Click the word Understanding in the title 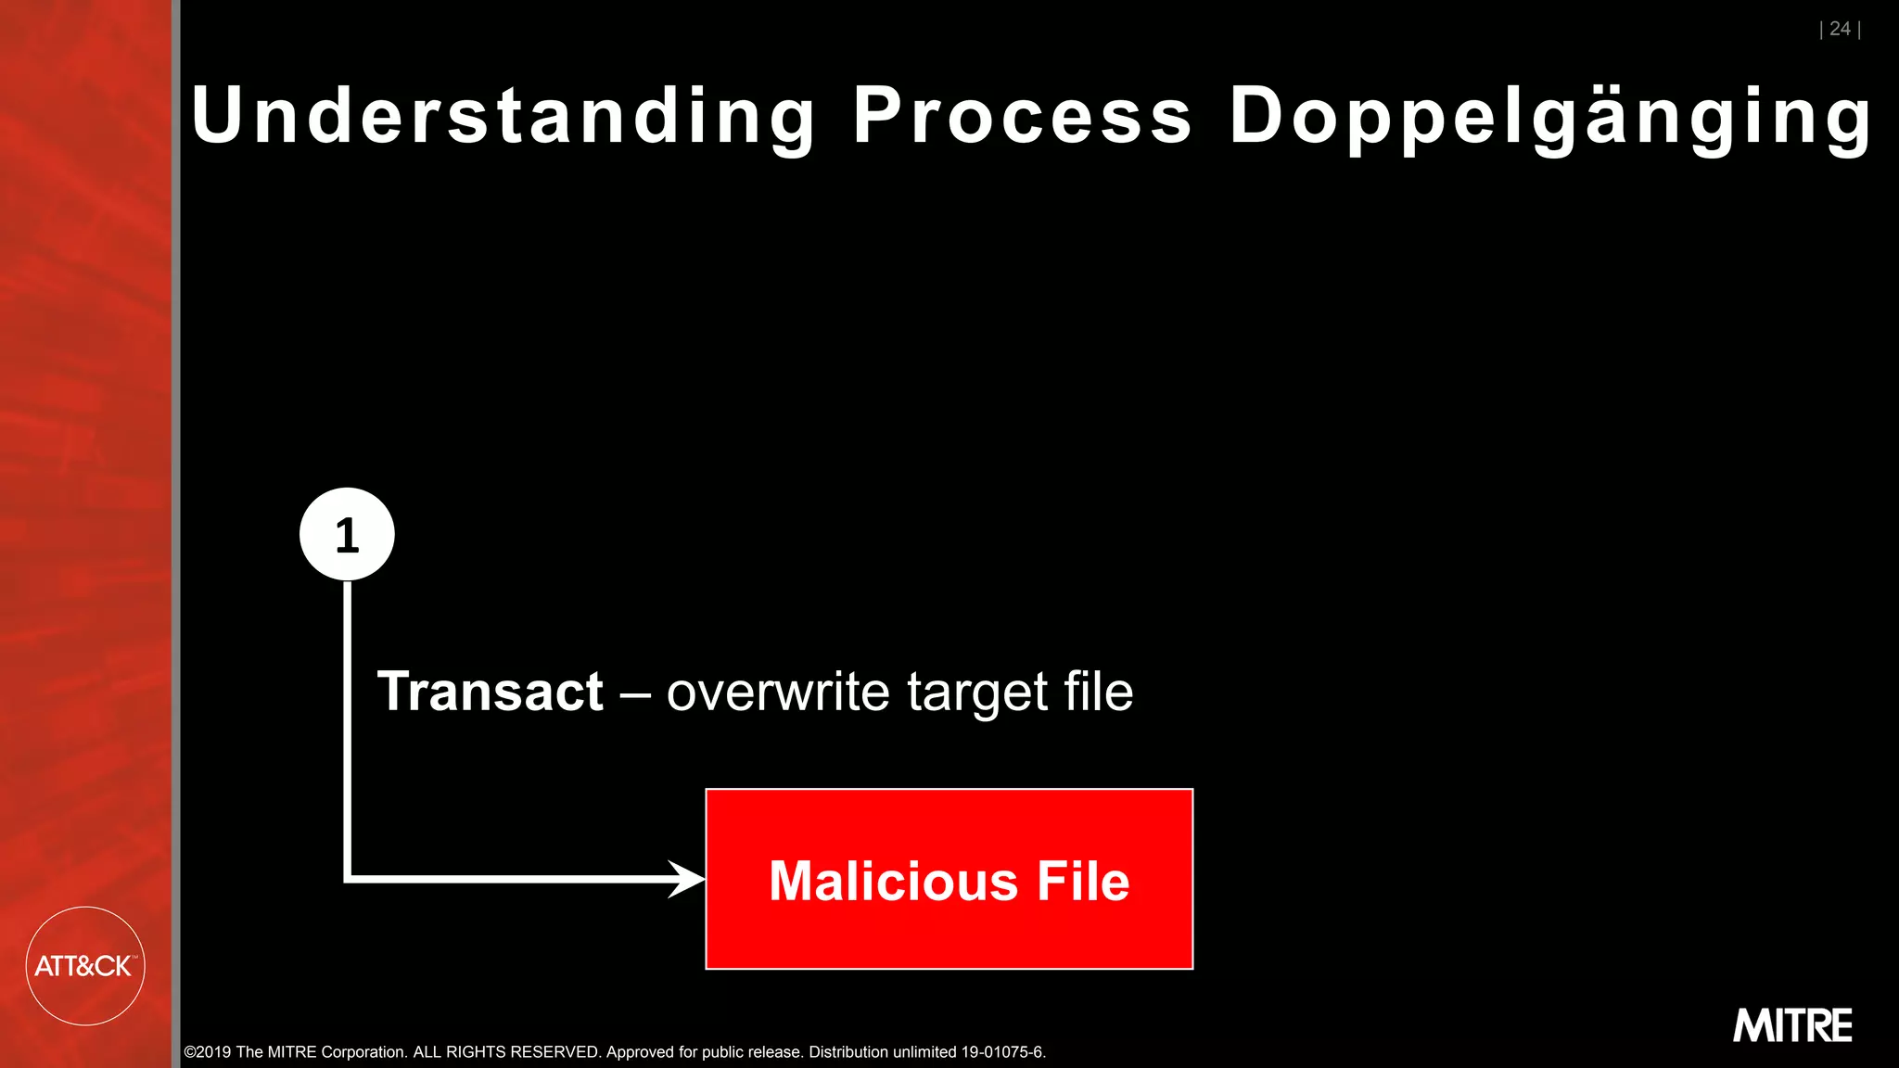click(503, 116)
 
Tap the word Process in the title click(1023, 116)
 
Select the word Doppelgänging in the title click(1550, 118)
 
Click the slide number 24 click(1840, 29)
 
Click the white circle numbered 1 click(347, 534)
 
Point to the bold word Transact click(491, 692)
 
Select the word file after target click(1098, 692)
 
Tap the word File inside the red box click(1083, 881)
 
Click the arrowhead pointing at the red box click(687, 879)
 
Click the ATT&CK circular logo click(84, 966)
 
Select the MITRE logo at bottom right click(1792, 1025)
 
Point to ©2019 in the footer click(208, 1052)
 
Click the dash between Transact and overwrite click(635, 693)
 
